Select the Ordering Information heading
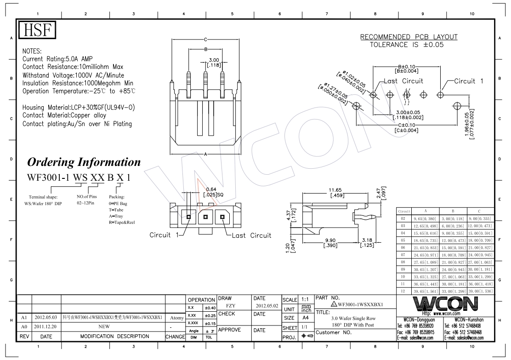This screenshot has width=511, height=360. (84, 162)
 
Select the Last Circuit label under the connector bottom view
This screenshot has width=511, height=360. (251, 235)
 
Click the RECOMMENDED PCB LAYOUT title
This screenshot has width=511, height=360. (409, 37)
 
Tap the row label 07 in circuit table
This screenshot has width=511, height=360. (403, 254)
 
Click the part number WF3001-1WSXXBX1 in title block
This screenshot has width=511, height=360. (360, 304)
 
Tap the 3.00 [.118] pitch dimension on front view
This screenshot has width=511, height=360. (214, 63)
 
